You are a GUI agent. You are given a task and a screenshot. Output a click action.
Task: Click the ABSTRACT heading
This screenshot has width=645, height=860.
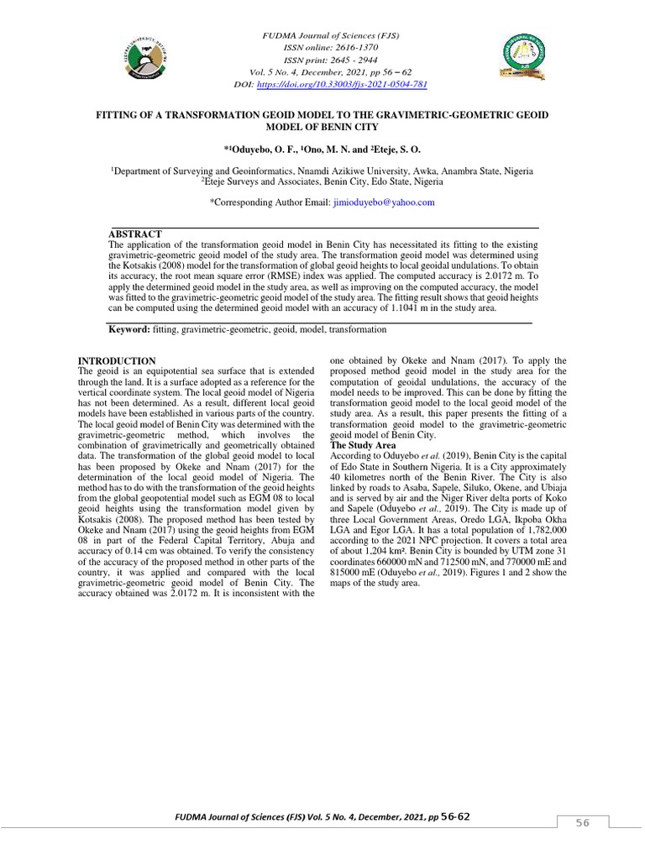point(135,233)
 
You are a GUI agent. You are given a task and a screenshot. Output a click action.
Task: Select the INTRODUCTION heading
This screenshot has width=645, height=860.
point(116,361)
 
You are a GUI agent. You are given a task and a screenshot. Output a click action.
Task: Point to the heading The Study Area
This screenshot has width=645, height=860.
point(363,445)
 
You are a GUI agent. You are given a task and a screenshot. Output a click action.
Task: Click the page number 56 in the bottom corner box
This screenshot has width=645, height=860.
point(582,824)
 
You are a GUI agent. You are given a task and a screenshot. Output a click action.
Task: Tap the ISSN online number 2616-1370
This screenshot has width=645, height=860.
point(345,50)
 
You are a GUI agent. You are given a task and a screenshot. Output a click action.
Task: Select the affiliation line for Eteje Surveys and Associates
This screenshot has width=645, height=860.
point(322,181)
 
